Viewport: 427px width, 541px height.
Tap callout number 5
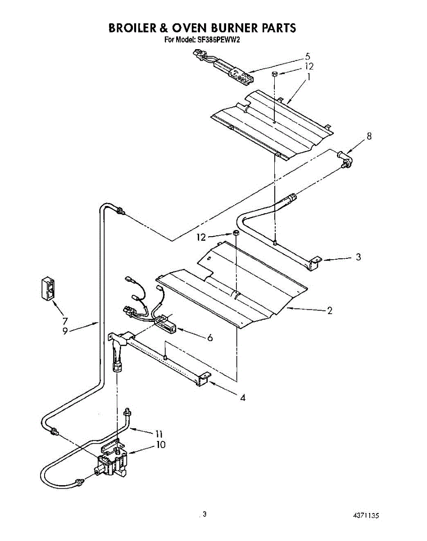click(x=307, y=57)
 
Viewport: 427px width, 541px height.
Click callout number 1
click(x=309, y=77)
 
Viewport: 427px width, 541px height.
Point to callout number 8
click(x=369, y=136)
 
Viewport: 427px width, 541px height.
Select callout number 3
click(x=358, y=257)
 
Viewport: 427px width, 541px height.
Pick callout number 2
click(x=330, y=310)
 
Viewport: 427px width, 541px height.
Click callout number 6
click(x=210, y=337)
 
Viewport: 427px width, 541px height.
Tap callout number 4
click(x=243, y=398)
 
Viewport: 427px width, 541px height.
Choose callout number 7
click(x=65, y=321)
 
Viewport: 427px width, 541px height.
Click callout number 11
click(x=158, y=434)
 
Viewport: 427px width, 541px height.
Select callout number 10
click(x=160, y=445)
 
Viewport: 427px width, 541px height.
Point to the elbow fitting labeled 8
click(x=345, y=159)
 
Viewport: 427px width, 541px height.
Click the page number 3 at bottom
click(x=204, y=514)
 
